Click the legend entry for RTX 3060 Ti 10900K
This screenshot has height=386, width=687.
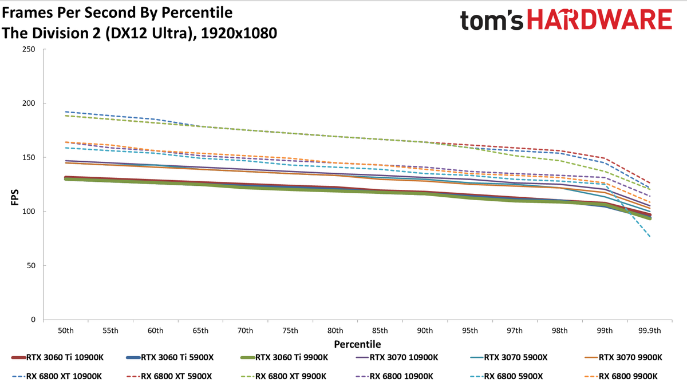coord(58,357)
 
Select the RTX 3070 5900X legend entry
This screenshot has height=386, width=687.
coord(508,357)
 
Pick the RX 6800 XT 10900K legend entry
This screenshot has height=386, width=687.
coord(57,376)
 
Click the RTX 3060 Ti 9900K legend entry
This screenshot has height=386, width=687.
coord(285,357)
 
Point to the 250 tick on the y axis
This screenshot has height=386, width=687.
coord(29,49)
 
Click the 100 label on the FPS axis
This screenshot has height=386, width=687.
coord(29,212)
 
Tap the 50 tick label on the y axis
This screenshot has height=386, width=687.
coord(31,265)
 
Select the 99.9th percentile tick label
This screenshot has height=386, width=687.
coord(650,331)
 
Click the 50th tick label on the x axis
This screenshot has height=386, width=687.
coord(66,331)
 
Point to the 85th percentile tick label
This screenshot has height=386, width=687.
coord(380,331)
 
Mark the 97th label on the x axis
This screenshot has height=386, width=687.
coord(514,331)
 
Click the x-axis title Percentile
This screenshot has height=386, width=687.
coord(357,344)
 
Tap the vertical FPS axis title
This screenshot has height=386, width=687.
coord(15,198)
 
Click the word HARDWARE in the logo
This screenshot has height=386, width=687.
coord(599,20)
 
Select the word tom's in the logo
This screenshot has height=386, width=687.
coord(491,21)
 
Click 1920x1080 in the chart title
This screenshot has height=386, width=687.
coord(239,33)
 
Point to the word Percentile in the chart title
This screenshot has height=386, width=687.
coord(197,13)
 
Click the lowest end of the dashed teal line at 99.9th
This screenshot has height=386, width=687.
coord(650,237)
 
